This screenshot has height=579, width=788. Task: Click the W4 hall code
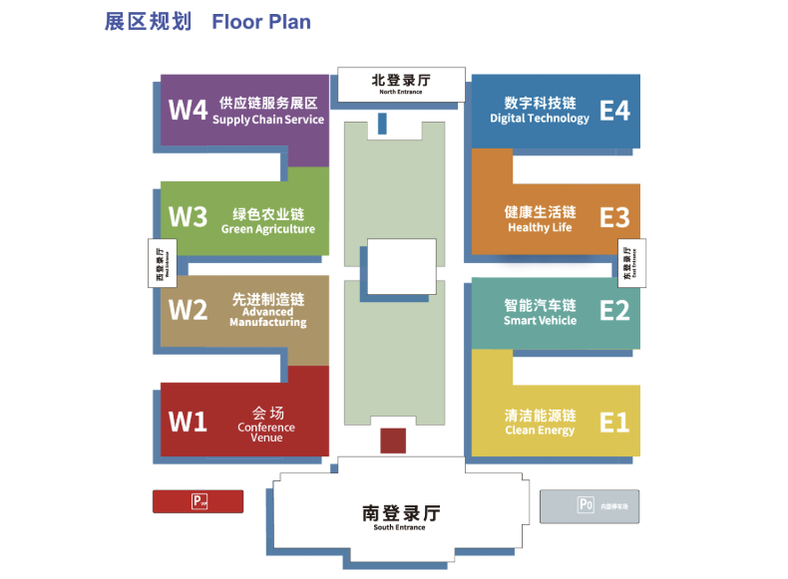point(188,109)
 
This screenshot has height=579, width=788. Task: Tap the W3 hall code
point(188,216)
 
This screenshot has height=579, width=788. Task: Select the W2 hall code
point(188,310)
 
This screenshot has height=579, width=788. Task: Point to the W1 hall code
point(188,423)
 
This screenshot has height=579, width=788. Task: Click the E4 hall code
point(614,110)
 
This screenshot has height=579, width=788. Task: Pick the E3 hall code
point(614,217)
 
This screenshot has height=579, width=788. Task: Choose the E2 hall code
point(614,311)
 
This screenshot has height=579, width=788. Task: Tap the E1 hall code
point(614,423)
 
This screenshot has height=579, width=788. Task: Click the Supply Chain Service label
point(268,120)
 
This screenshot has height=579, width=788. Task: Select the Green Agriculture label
point(268,229)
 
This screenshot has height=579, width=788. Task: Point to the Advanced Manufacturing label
point(268,317)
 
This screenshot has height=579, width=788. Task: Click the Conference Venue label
point(266,433)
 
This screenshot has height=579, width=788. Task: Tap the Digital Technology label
point(540,119)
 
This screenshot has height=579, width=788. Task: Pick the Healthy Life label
point(540,227)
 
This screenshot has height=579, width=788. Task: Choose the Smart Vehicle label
point(540,321)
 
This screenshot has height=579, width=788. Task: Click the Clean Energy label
point(540,431)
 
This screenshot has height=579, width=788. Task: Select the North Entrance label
point(401,92)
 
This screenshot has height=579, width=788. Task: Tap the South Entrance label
point(399,527)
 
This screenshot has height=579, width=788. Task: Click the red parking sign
point(197,501)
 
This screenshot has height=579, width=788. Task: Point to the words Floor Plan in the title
point(261,22)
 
